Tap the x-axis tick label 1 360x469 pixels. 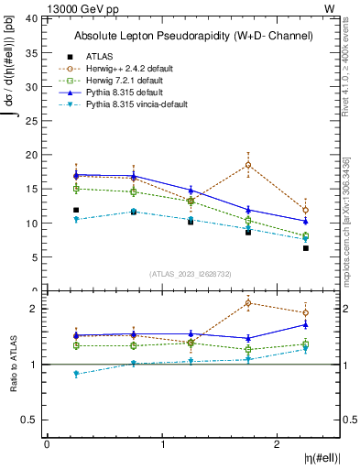tap(163, 444)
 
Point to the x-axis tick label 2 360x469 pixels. tap(278, 444)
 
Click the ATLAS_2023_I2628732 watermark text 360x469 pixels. tap(191, 272)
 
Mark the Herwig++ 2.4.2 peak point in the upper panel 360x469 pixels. tap(248, 166)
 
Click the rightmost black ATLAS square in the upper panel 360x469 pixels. tap(306, 248)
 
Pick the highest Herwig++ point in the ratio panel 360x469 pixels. tap(248, 303)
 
